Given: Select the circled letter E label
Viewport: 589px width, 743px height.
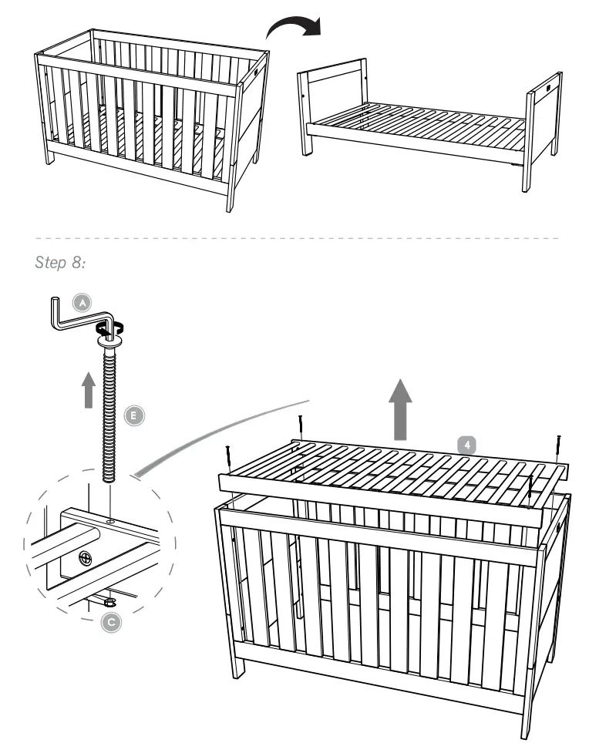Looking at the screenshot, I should [x=133, y=415].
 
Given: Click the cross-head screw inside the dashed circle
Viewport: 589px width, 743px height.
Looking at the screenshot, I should [x=82, y=556].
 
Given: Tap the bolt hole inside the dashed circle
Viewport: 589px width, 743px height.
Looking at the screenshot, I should [x=111, y=522].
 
